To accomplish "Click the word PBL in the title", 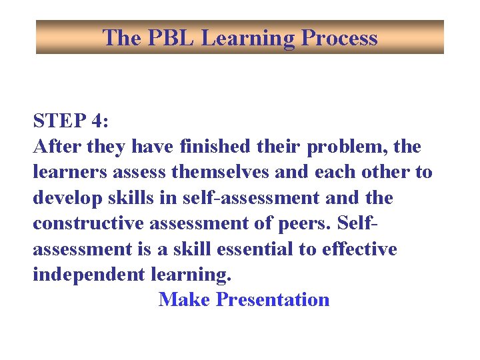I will (169, 38).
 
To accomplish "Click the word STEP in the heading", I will (57, 121).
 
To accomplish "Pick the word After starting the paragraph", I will (55, 146).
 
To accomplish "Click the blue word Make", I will (185, 300).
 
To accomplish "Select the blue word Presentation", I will (273, 300).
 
